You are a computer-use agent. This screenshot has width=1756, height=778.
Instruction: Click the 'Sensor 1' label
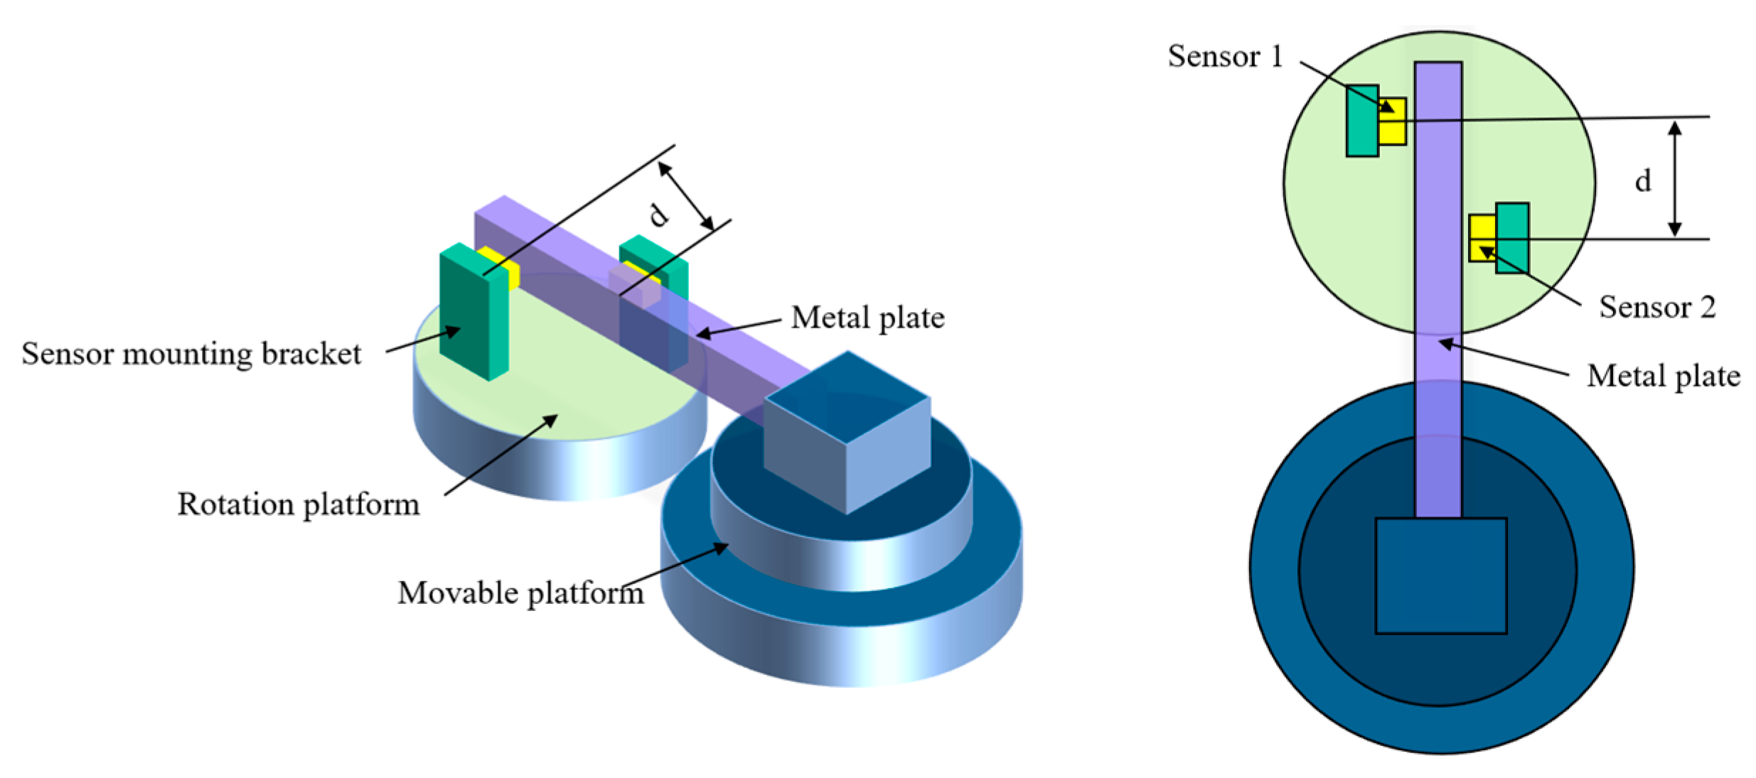pos(1224,57)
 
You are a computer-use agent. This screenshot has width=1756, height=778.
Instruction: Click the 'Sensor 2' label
pos(1656,307)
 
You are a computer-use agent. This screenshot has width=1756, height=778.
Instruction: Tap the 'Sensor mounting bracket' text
pos(191,354)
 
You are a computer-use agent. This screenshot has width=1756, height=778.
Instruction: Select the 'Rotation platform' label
pos(298,504)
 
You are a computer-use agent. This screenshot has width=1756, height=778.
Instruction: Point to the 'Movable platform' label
pos(520,593)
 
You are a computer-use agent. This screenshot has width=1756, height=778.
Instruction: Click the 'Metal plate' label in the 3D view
pos(867,318)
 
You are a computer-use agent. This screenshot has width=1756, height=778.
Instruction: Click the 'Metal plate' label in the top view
pos(1663,376)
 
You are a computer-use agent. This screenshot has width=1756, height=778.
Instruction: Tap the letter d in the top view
pos(1642,181)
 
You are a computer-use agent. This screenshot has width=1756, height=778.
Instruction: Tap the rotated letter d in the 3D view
pos(659,214)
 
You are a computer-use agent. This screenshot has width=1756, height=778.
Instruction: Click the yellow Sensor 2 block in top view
pos(1482,238)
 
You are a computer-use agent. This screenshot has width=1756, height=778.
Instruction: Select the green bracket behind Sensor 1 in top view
pos(1361,121)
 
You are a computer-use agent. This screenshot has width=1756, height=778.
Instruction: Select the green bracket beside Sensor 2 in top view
pos(1513,238)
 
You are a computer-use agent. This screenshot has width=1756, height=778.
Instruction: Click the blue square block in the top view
pos(1440,576)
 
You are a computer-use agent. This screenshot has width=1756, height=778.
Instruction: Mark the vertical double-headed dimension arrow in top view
pos(1675,178)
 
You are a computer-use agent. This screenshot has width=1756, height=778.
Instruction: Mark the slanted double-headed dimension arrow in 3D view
pos(686,195)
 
